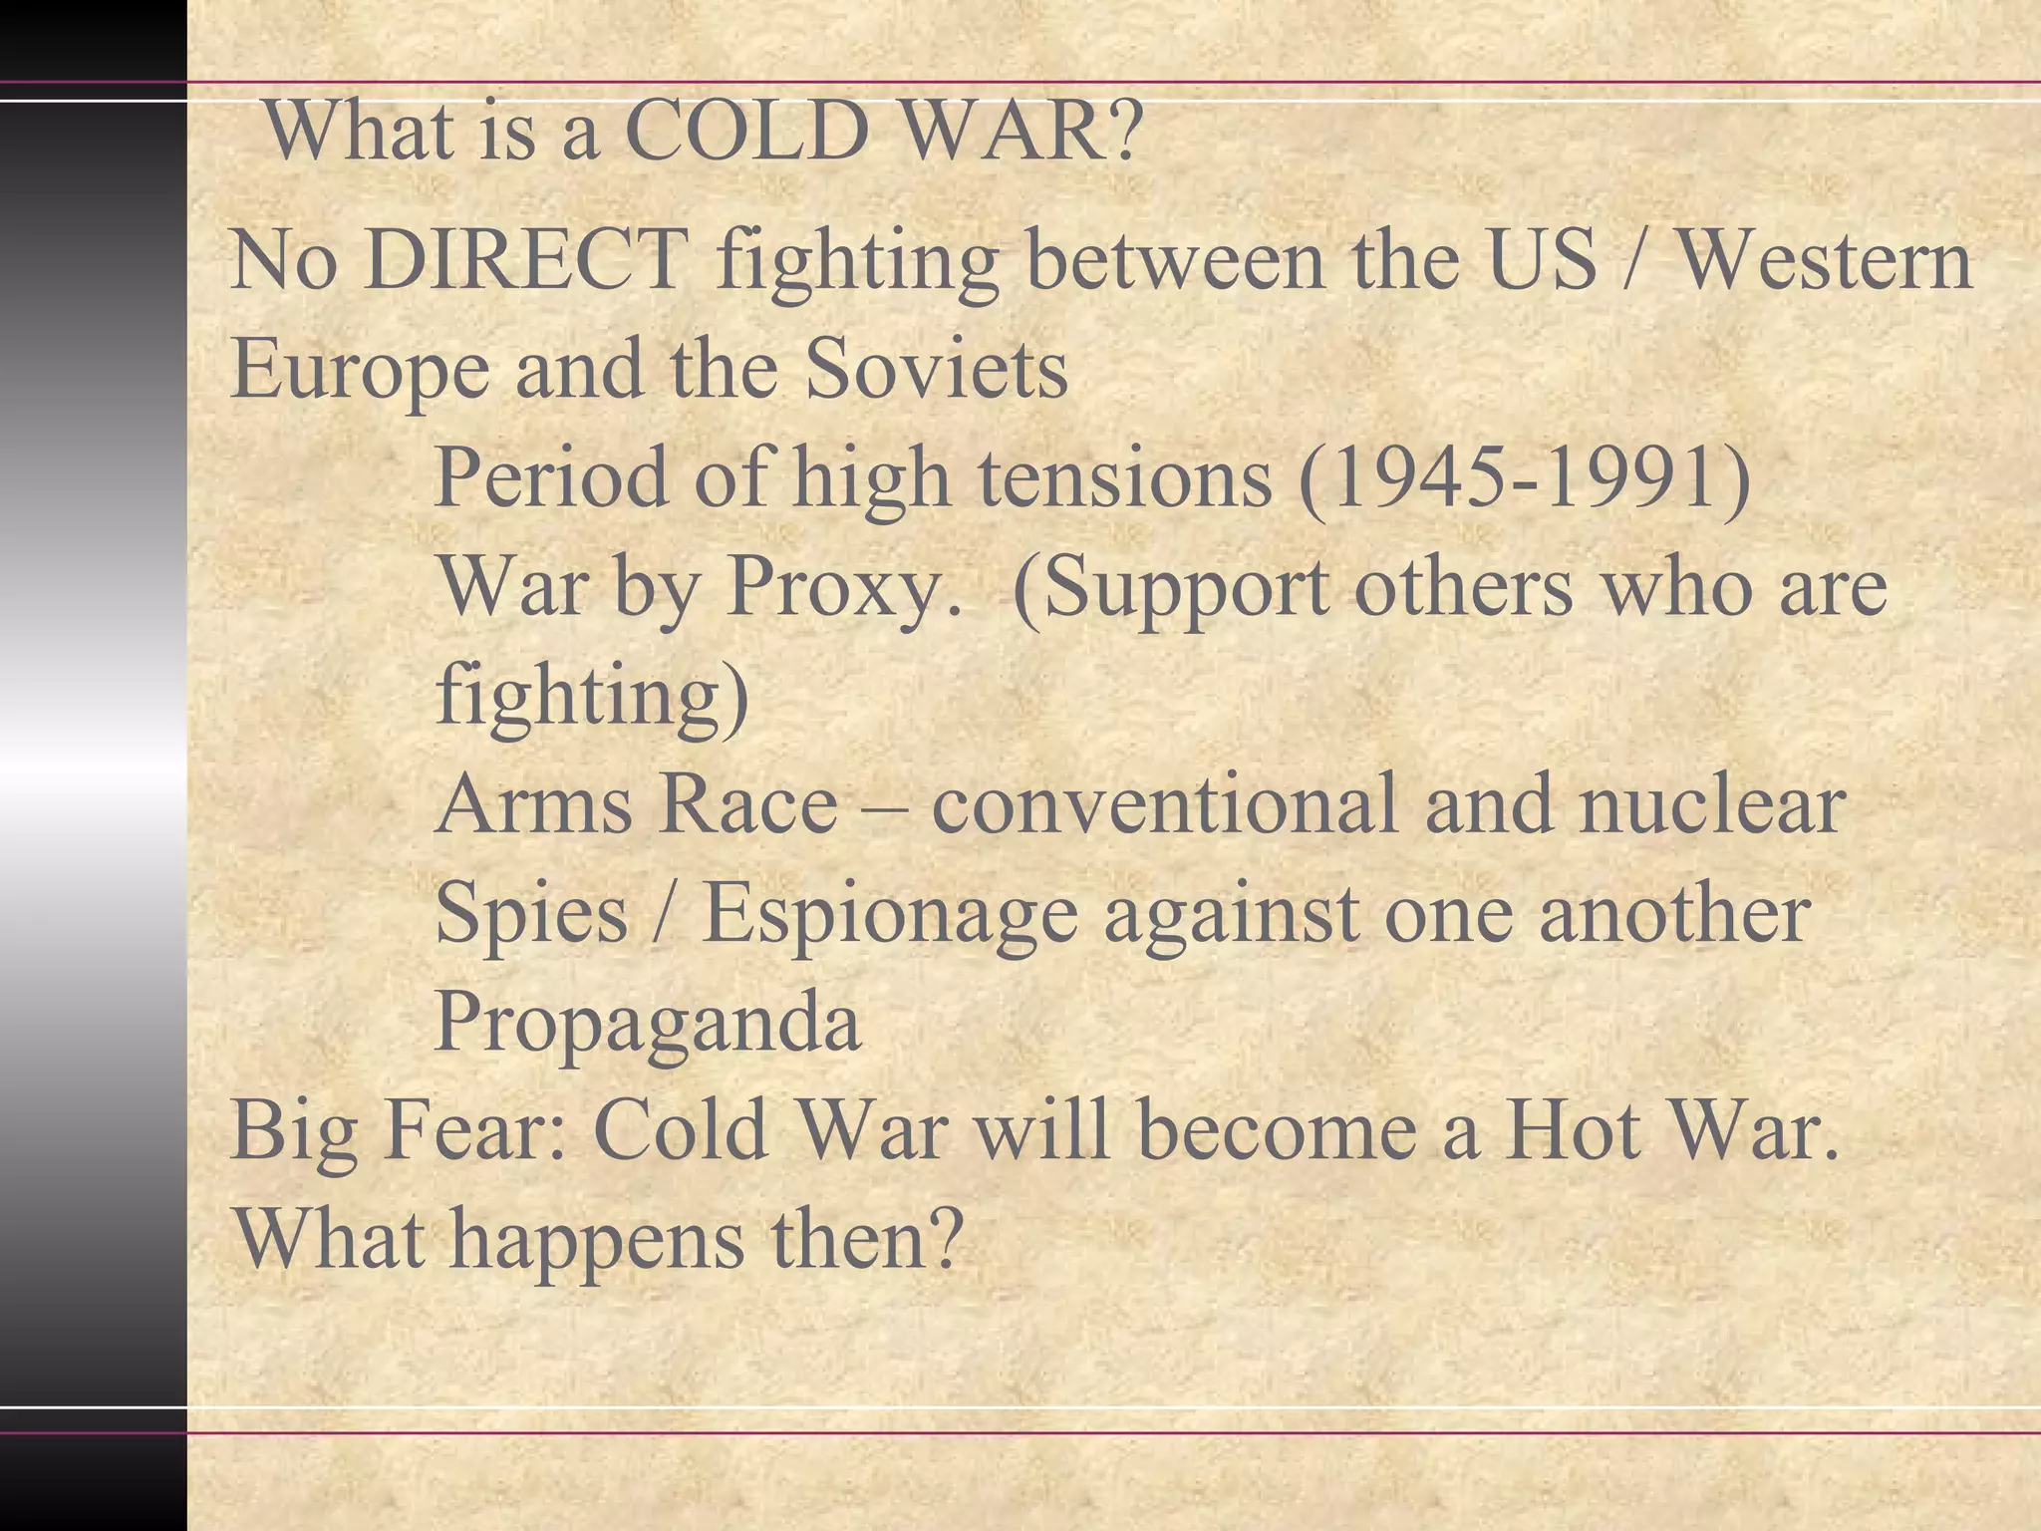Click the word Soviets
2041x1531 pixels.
coord(936,369)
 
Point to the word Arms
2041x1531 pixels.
coord(534,805)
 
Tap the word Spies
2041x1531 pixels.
coord(531,915)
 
